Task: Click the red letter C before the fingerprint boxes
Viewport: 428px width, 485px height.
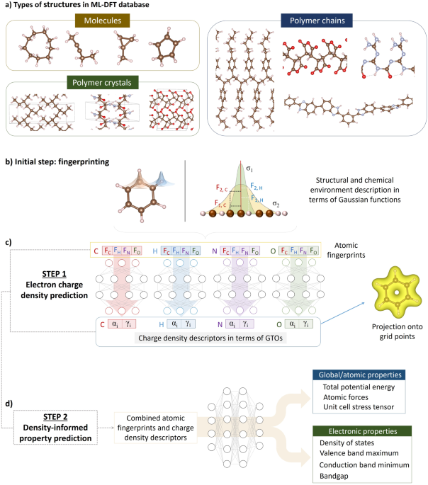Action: tap(96, 231)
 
